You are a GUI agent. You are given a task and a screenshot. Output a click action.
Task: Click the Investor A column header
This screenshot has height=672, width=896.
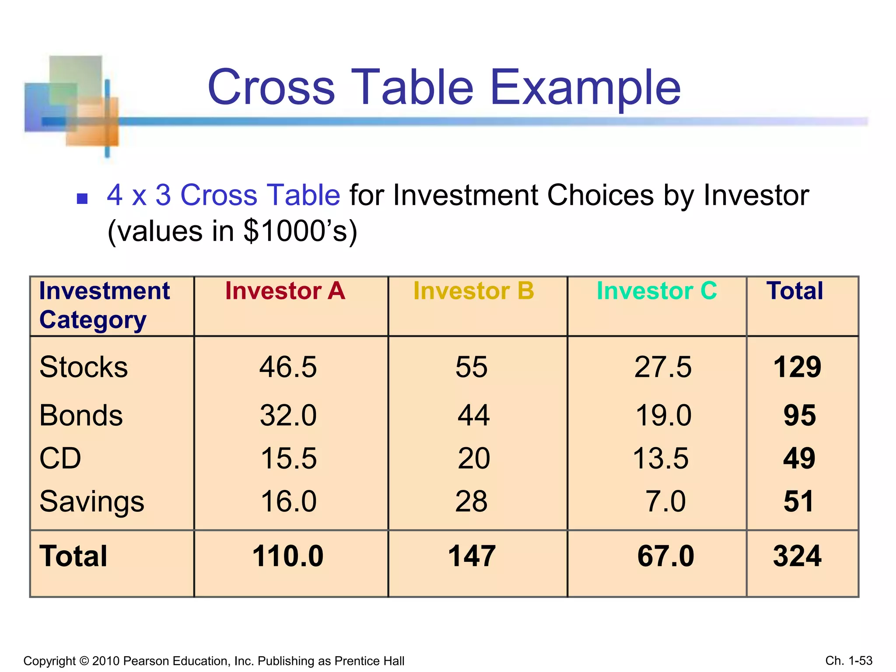pyautogui.click(x=285, y=291)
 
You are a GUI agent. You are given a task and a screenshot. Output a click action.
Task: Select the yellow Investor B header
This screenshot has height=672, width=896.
pyautogui.click(x=473, y=291)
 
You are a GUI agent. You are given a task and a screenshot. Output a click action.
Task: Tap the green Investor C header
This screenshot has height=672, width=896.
pyautogui.click(x=656, y=291)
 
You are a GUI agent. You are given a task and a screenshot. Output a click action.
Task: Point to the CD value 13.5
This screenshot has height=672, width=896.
pyautogui.click(x=661, y=458)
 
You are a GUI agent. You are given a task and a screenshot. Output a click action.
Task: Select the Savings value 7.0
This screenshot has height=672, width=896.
pyautogui.click(x=665, y=501)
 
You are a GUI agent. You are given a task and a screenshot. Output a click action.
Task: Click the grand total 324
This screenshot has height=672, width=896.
pyautogui.click(x=797, y=556)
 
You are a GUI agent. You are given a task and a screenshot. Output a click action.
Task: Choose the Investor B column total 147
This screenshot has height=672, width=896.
pyautogui.click(x=472, y=556)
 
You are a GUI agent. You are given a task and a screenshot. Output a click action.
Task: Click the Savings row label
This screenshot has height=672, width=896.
pyautogui.click(x=92, y=501)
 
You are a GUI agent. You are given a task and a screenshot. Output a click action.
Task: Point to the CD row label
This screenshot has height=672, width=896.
pyautogui.click(x=60, y=458)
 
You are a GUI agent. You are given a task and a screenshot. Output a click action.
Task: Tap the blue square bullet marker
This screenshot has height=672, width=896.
pyautogui.click(x=82, y=199)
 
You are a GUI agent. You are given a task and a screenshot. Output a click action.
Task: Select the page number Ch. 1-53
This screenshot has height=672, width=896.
pyautogui.click(x=849, y=660)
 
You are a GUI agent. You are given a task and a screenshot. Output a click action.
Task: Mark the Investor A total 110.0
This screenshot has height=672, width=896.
pyautogui.click(x=288, y=556)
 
